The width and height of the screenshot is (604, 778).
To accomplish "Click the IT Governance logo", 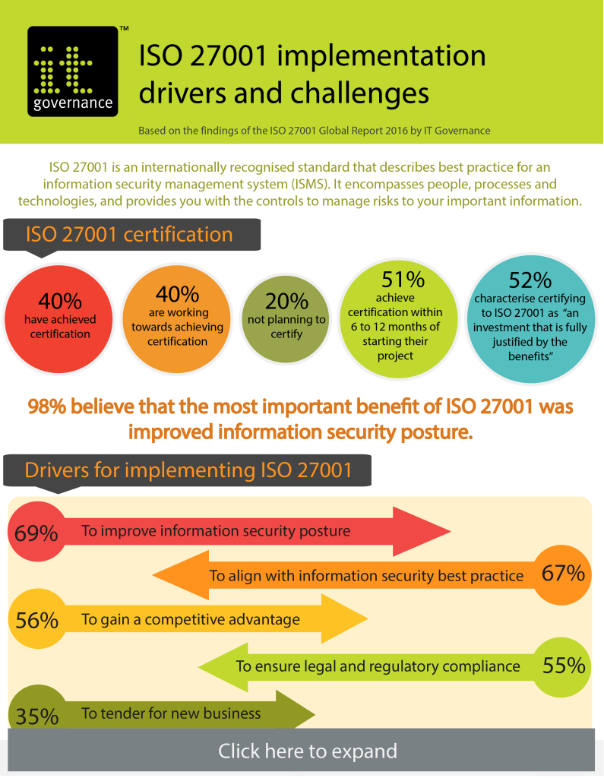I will pyautogui.click(x=73, y=71).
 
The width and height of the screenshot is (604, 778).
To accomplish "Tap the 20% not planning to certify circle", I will pyautogui.click(x=286, y=318).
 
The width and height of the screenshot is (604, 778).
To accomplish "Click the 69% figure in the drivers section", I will pyautogui.click(x=36, y=533).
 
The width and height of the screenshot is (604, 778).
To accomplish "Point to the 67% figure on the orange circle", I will pyautogui.click(x=563, y=574).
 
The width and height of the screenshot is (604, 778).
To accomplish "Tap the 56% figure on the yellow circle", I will pyautogui.click(x=36, y=620).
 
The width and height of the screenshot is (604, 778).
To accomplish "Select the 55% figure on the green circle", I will pyautogui.click(x=564, y=666).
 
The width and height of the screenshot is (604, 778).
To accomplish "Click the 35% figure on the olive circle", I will pyautogui.click(x=36, y=716).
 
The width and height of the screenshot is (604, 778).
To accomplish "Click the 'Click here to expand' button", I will pyautogui.click(x=307, y=751).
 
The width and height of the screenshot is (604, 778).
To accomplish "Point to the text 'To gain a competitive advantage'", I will pyautogui.click(x=191, y=620).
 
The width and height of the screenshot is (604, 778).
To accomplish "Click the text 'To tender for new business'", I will pyautogui.click(x=171, y=713).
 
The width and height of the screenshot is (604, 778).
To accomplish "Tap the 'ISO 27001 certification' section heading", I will pyautogui.click(x=129, y=234).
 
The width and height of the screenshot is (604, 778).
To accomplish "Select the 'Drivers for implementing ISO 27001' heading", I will pyautogui.click(x=188, y=470).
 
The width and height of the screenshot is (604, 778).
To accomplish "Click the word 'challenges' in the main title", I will pyautogui.click(x=359, y=93).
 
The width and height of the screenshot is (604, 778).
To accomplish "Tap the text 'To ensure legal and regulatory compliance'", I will pyautogui.click(x=378, y=666).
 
